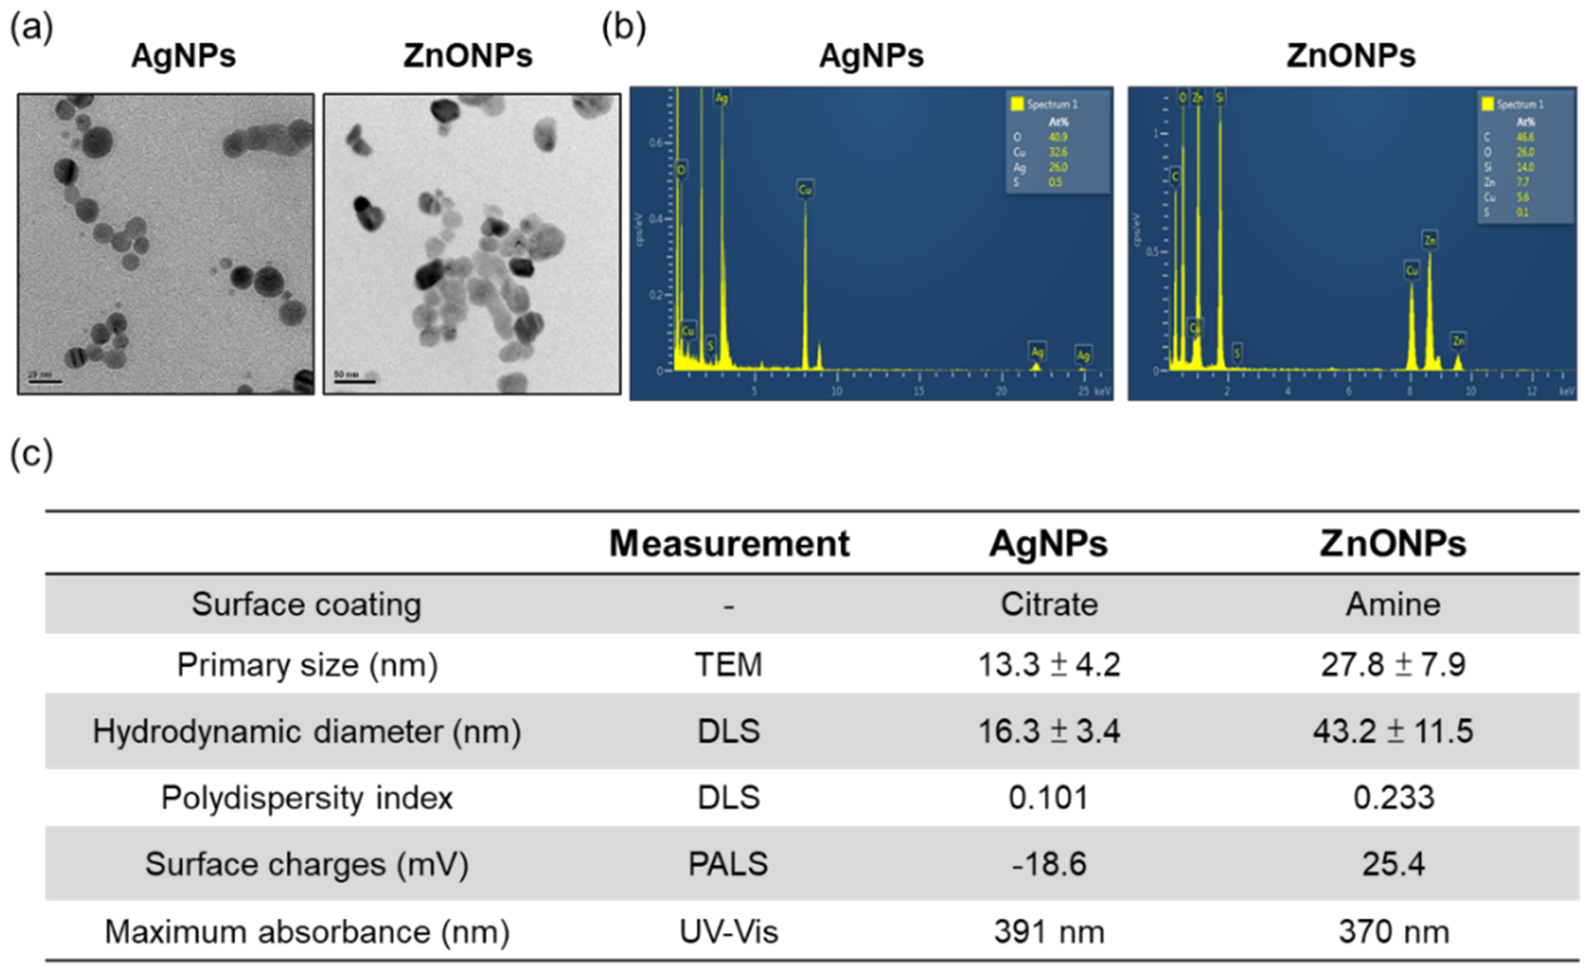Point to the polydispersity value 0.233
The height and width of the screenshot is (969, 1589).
1393,798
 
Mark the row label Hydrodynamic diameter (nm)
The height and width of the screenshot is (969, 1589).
307,731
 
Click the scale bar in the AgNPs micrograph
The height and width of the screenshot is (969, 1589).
45,382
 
